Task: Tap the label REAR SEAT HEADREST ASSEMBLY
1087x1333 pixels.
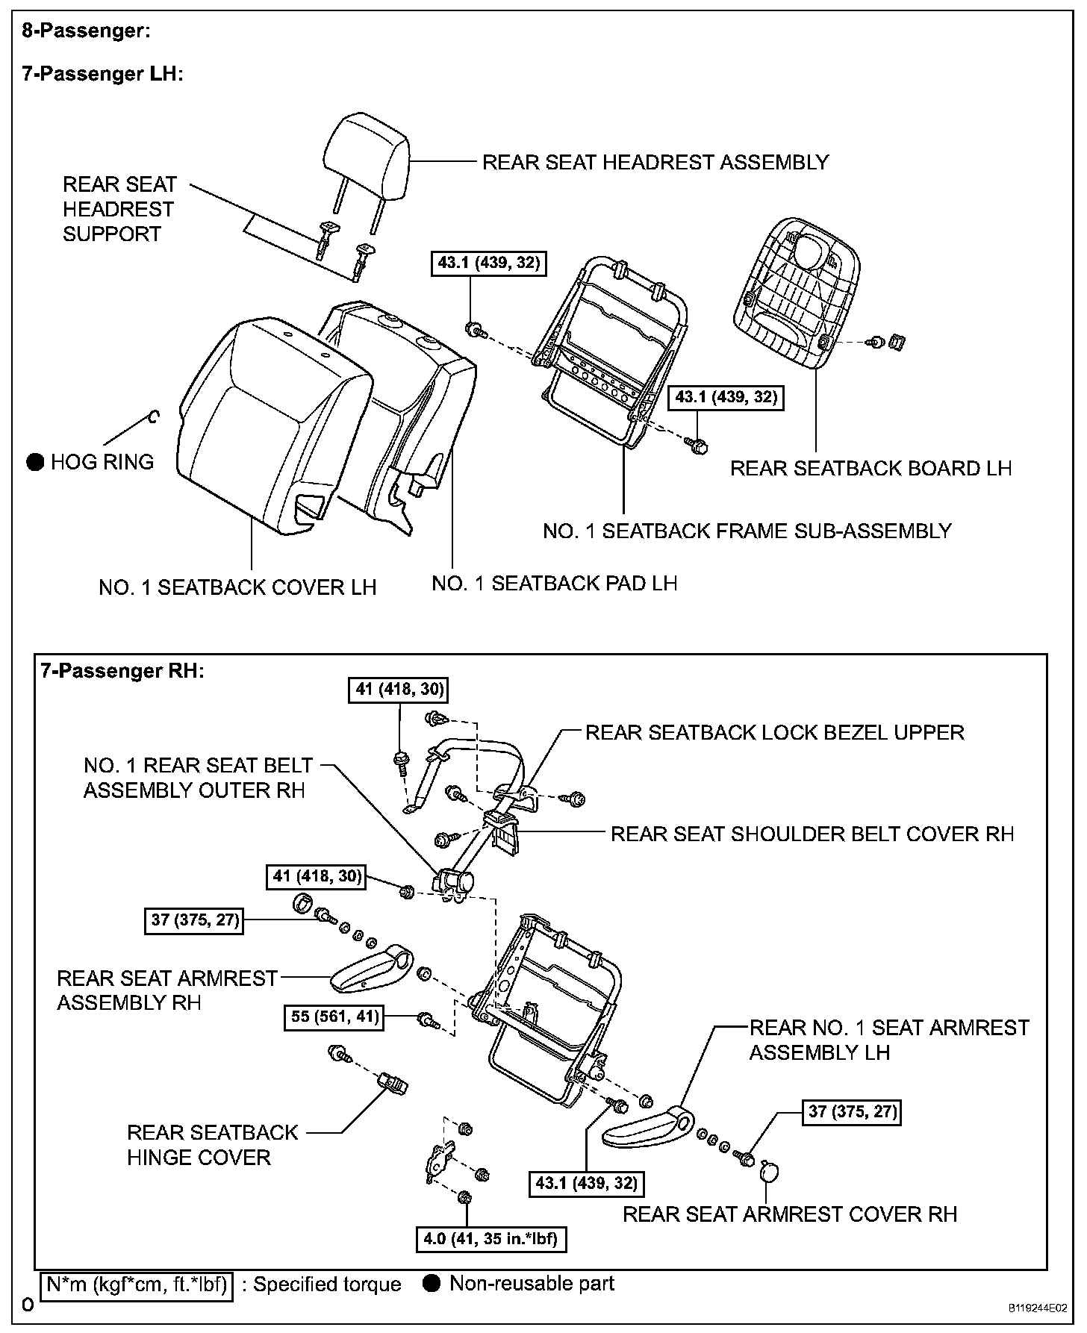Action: coord(655,162)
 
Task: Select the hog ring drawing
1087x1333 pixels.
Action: coord(153,416)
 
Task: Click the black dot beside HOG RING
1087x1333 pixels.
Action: coord(35,462)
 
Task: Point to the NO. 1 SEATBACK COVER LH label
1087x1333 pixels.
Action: coord(237,587)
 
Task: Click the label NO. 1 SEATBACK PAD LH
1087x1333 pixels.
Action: coord(555,583)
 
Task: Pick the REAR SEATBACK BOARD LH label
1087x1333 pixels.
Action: coord(870,468)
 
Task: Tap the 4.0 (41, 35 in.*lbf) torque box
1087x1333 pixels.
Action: coord(490,1240)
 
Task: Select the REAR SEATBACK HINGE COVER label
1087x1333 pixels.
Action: coord(212,1144)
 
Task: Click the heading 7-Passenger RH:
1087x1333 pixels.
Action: coord(122,670)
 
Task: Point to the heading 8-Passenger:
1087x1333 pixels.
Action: coord(86,31)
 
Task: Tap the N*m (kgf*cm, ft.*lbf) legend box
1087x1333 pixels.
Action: coord(137,1284)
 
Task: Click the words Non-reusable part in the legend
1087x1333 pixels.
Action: coord(532,1284)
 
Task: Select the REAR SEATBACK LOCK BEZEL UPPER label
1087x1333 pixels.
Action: coord(774,732)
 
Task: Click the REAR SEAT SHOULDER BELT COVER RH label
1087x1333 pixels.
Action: coord(812,834)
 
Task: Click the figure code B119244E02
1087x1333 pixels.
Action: coord(1038,1308)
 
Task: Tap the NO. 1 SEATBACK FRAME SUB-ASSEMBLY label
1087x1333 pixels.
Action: coord(747,531)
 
